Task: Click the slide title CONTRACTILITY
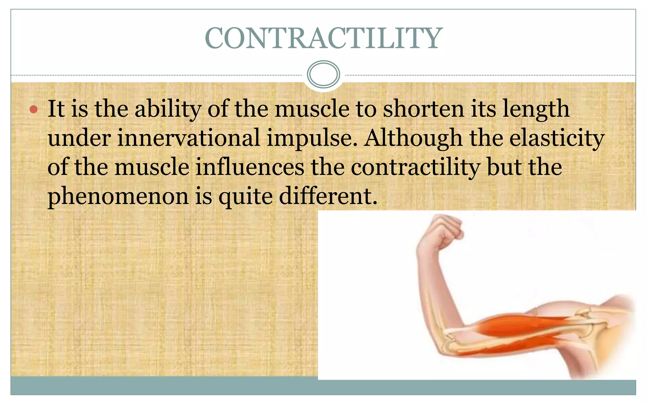coord(323,39)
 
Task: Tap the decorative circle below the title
coord(323,74)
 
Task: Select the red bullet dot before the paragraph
coord(33,110)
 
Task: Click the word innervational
coord(189,138)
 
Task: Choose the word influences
coord(250,167)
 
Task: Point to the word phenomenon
coord(118,197)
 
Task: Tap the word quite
coord(245,197)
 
